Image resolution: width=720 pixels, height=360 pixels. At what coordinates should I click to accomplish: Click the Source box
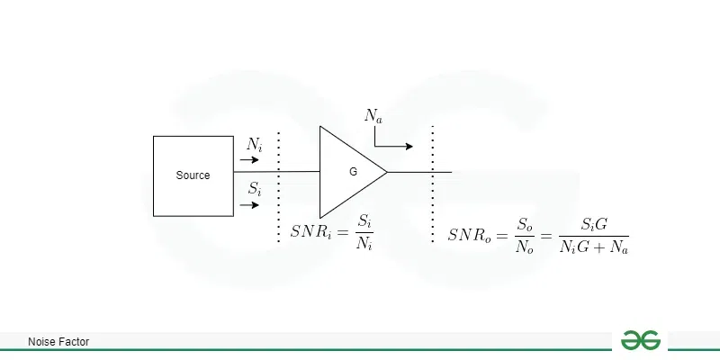pos(193,175)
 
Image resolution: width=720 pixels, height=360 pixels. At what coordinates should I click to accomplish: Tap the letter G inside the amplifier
pos(353,171)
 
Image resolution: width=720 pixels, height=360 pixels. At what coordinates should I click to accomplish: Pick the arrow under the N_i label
pos(249,160)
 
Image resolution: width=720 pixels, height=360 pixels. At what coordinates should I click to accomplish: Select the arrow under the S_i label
pos(249,204)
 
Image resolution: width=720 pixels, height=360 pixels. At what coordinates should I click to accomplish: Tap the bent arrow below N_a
pos(391,140)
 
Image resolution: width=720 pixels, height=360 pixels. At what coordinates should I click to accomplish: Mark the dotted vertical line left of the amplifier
pos(279,184)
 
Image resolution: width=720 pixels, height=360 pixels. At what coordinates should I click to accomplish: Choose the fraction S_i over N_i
pos(364,231)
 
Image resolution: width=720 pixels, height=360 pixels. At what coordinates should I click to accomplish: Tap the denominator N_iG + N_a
pos(593,246)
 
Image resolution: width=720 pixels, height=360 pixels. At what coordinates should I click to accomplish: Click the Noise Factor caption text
pos(58,342)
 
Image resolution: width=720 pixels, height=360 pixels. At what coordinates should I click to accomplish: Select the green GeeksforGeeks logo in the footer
pos(641,340)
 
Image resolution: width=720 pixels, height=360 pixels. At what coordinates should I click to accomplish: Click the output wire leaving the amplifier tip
pos(418,171)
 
